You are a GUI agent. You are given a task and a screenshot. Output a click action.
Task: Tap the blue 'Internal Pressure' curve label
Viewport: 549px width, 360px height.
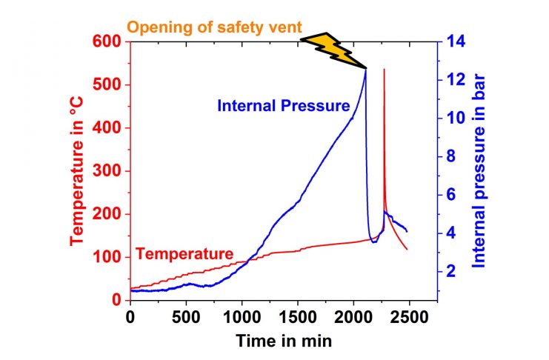click(x=283, y=106)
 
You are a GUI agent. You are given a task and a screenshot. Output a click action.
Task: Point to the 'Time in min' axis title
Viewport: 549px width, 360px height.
click(x=284, y=341)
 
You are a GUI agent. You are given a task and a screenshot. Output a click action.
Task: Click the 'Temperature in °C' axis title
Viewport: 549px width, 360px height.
click(x=77, y=170)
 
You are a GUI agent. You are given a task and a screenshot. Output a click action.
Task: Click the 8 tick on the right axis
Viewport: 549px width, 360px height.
click(x=449, y=157)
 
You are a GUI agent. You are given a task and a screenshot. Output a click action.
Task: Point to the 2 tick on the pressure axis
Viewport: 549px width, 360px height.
click(x=449, y=272)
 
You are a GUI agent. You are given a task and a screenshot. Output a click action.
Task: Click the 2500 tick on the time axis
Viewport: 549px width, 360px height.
click(x=409, y=317)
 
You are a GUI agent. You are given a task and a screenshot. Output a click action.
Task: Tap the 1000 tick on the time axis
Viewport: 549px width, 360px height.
click(x=242, y=317)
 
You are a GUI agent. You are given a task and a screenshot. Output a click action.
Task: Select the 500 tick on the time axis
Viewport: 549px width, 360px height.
click(x=186, y=317)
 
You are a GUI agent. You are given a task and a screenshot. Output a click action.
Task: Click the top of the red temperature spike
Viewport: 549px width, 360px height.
click(x=384, y=70)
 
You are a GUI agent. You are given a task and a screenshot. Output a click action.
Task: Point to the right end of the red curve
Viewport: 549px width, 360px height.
click(x=407, y=249)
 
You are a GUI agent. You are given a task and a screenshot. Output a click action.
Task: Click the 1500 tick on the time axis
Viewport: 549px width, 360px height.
click(x=298, y=317)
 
